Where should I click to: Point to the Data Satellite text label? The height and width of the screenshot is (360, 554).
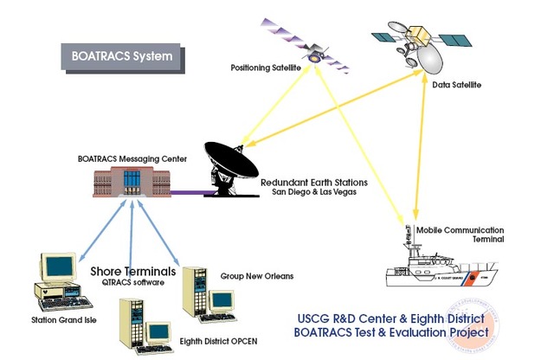tap(456, 85)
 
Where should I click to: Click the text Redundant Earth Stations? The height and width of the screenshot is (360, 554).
tap(314, 183)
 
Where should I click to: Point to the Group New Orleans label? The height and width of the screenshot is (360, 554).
tap(256, 276)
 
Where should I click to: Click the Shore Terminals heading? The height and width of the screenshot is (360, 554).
tap(133, 272)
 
